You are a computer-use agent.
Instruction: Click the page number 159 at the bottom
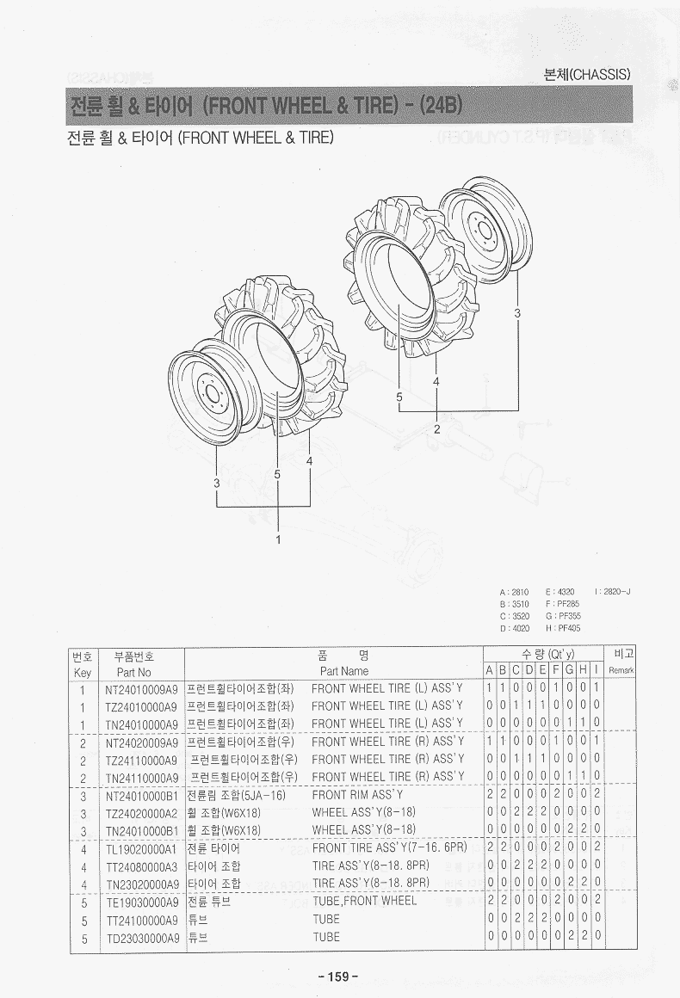pyautogui.click(x=338, y=976)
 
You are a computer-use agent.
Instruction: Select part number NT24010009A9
pyautogui.click(x=141, y=688)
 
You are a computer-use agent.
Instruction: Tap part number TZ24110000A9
pyautogui.click(x=141, y=760)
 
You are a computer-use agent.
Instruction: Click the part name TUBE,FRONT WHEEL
pyautogui.click(x=364, y=902)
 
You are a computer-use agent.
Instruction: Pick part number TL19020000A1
pyautogui.click(x=141, y=849)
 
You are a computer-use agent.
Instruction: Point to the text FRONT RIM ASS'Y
pyautogui.click(x=357, y=795)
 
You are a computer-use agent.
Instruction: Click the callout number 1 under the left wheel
pyautogui.click(x=278, y=539)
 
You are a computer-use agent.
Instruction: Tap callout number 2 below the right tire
pyautogui.click(x=436, y=429)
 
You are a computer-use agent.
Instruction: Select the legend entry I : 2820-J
pyautogui.click(x=613, y=592)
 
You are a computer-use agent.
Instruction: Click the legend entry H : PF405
pyautogui.click(x=563, y=628)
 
